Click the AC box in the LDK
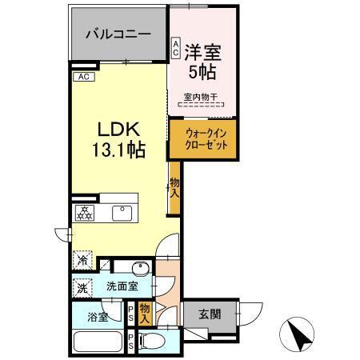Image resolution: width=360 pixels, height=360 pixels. pyautogui.click(x=84, y=77)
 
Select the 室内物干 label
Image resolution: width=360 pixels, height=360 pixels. pyautogui.click(x=199, y=98)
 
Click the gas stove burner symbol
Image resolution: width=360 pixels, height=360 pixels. pyautogui.click(x=85, y=212)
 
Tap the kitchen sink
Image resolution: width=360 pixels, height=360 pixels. pyautogui.click(x=122, y=213)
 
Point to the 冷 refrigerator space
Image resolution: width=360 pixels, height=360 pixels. pyautogui.click(x=82, y=260)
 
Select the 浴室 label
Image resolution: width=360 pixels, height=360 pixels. pyautogui.click(x=98, y=314)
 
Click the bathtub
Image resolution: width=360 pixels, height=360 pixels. pyautogui.click(x=98, y=343)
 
